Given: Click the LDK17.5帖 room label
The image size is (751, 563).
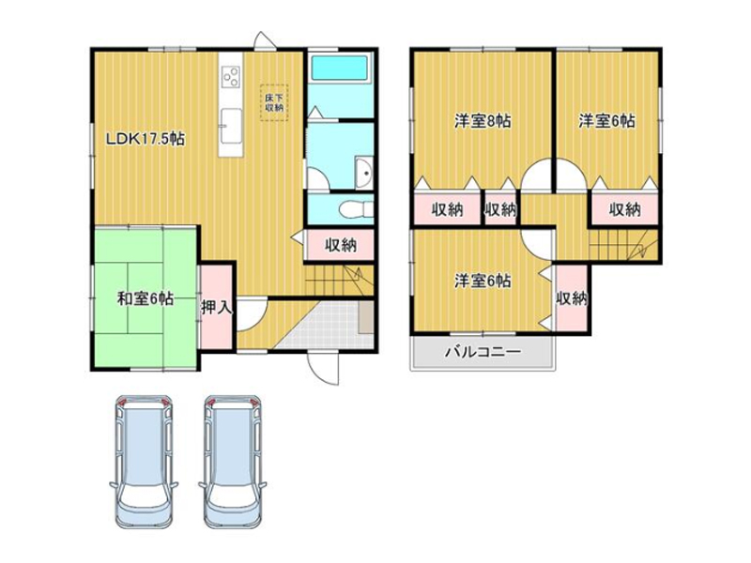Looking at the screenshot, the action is click(145, 139).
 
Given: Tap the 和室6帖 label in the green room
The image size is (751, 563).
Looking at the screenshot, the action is click(146, 298).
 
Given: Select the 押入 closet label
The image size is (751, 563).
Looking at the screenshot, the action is click(217, 308).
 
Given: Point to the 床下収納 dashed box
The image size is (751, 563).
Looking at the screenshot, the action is click(274, 102).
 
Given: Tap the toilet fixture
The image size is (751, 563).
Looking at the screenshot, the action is click(356, 209).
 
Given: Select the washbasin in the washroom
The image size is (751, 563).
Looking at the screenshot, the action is click(364, 173).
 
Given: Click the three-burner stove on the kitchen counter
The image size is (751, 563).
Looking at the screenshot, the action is click(231, 76).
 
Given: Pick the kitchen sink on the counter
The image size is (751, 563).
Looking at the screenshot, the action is click(231, 125).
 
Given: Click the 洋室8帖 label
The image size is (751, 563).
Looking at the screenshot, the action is click(483, 121).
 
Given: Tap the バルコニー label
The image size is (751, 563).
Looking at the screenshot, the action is click(483, 353).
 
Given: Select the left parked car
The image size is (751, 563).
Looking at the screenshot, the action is click(144, 462).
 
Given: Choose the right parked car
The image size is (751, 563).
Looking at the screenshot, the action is click(233, 462).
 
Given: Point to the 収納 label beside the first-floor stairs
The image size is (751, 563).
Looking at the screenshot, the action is click(341, 245).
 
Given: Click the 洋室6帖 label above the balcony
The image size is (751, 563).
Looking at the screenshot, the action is click(483, 281).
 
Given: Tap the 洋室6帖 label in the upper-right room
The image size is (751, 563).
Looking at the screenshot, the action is click(606, 121).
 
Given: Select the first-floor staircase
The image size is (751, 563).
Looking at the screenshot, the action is click(339, 281).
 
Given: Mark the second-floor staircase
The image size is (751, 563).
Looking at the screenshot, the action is click(623, 245).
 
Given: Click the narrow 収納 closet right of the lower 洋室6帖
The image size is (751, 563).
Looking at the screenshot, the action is click(572, 297).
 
